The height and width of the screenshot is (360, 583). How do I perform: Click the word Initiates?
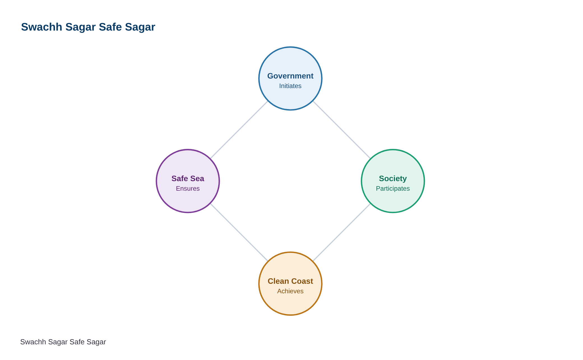(x=290, y=86)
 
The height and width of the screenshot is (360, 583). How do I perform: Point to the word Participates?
(x=393, y=189)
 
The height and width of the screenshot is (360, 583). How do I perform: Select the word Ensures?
(x=188, y=189)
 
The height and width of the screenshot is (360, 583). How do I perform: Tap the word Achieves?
(x=290, y=291)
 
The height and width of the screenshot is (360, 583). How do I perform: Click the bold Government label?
(x=290, y=76)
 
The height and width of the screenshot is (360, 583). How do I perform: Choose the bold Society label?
(x=393, y=179)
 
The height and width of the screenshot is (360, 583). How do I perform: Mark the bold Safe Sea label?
(x=188, y=179)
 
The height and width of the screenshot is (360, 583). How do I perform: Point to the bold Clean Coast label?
(x=290, y=281)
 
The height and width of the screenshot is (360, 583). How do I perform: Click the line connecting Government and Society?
(x=342, y=130)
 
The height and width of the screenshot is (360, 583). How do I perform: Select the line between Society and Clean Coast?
(x=342, y=232)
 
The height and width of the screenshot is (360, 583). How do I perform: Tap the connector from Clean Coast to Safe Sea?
(x=239, y=232)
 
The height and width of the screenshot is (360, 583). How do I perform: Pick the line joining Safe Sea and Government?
(x=239, y=130)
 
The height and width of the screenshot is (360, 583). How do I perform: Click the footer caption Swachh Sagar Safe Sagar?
(x=63, y=342)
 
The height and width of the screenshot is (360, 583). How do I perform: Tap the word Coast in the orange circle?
(x=302, y=281)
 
